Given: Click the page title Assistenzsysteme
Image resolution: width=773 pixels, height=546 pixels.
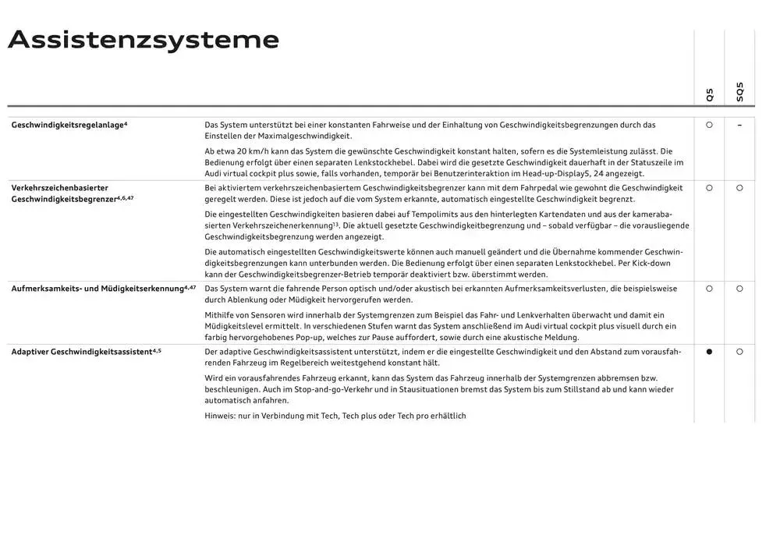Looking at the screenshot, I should tap(144, 41).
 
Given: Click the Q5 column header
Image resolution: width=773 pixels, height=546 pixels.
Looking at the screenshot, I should tap(709, 95).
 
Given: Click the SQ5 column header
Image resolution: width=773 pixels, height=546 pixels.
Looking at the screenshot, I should tap(739, 93).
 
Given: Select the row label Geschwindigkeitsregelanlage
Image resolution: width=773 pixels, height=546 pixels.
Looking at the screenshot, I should tap(69, 125).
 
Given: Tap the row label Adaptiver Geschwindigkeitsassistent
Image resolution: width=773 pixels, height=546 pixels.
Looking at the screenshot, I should tap(86, 352).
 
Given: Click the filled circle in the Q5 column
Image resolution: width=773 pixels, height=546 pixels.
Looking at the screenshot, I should tap(709, 352).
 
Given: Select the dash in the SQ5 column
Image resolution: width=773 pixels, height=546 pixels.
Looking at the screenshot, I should tap(739, 125).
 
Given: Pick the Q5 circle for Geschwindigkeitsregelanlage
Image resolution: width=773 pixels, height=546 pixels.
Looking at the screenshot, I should tap(709, 125).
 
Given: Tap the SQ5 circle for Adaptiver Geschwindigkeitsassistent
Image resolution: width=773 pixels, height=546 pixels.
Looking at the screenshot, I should tap(739, 352).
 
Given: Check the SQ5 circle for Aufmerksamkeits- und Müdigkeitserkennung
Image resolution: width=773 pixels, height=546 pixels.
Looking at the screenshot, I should tap(739, 289).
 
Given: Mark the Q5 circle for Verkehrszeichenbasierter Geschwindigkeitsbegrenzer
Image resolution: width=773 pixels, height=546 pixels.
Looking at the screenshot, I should tap(709, 188).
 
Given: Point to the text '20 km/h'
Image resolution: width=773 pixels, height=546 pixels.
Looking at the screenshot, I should tap(250, 151).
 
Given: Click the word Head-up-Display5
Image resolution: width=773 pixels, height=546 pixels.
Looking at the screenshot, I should tap(552, 174).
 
